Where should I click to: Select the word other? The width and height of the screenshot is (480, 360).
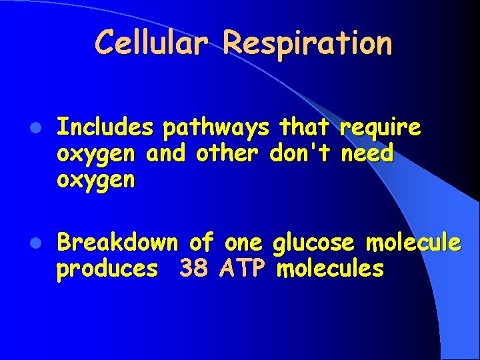(228, 153)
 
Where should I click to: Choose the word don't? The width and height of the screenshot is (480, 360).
(301, 153)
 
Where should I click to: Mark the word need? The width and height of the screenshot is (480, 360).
(367, 153)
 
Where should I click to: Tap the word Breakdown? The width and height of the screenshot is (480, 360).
(118, 243)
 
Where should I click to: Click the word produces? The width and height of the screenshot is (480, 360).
(107, 269)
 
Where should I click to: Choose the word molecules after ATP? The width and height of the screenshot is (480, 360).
(330, 269)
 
